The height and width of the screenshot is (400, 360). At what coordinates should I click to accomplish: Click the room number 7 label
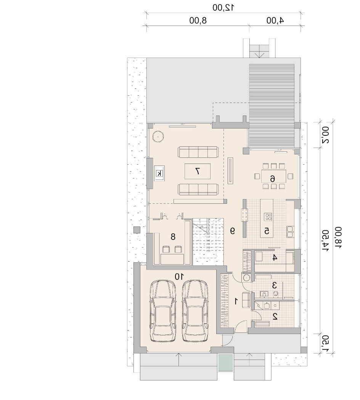[197, 171]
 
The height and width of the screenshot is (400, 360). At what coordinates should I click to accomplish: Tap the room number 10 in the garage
[179, 276]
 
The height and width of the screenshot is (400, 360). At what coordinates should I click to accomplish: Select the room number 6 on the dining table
[273, 178]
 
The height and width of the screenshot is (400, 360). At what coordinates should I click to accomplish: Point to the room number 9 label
[232, 231]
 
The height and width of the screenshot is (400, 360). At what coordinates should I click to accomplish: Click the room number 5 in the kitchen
[267, 231]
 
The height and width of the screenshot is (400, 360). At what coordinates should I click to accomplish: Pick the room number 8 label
[173, 237]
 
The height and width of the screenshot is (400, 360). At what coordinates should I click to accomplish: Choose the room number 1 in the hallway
[236, 301]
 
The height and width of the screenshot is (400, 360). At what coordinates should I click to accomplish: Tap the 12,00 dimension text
[223, 8]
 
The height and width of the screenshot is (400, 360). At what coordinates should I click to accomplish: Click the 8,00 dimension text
[198, 21]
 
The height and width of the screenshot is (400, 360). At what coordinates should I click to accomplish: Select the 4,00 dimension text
[275, 21]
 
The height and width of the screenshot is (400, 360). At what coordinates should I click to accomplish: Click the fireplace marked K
[159, 173]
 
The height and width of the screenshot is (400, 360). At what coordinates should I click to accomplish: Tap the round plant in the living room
[158, 137]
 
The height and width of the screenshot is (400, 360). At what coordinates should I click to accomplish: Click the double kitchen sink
[290, 231]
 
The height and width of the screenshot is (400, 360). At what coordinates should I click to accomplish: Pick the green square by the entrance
[225, 363]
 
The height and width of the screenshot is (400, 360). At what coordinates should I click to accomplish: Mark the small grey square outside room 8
[137, 230]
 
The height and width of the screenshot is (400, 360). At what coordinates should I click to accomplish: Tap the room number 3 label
[275, 285]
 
